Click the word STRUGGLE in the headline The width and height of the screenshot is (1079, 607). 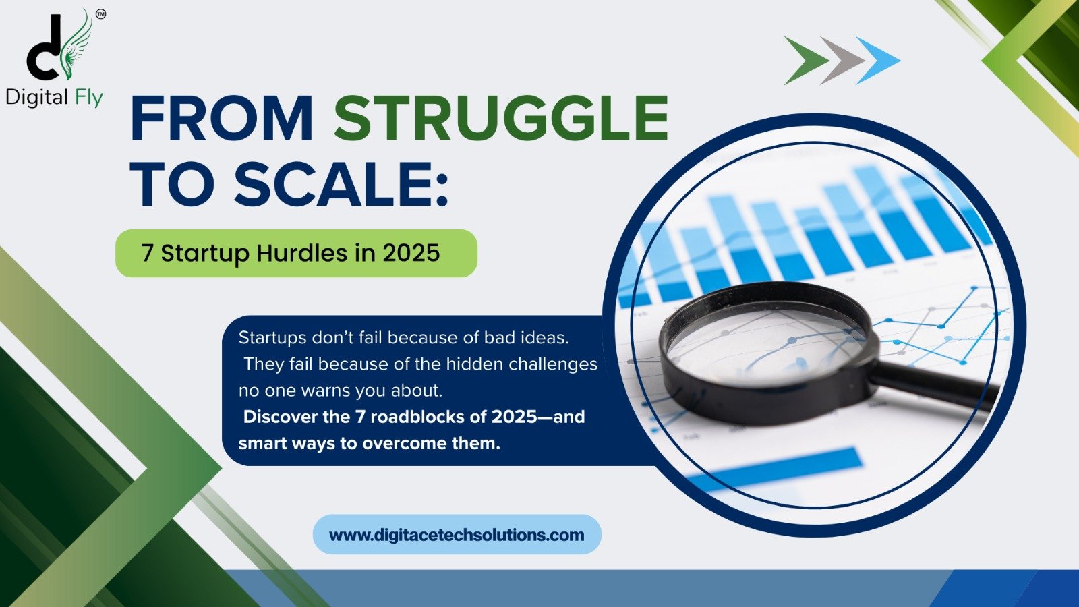(x=501, y=119)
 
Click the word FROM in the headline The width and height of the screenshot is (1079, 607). (x=221, y=119)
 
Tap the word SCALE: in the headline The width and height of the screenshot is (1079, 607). (x=341, y=183)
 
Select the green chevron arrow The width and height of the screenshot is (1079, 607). (x=806, y=61)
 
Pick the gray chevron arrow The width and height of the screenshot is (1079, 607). (x=842, y=61)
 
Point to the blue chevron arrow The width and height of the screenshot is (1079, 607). (x=878, y=61)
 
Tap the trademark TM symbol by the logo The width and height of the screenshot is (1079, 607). (x=100, y=14)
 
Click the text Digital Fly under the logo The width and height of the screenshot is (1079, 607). (x=54, y=98)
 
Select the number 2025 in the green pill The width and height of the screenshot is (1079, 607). (x=411, y=253)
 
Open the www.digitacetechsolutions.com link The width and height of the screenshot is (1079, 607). (x=457, y=535)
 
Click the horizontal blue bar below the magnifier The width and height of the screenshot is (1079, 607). (x=776, y=469)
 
